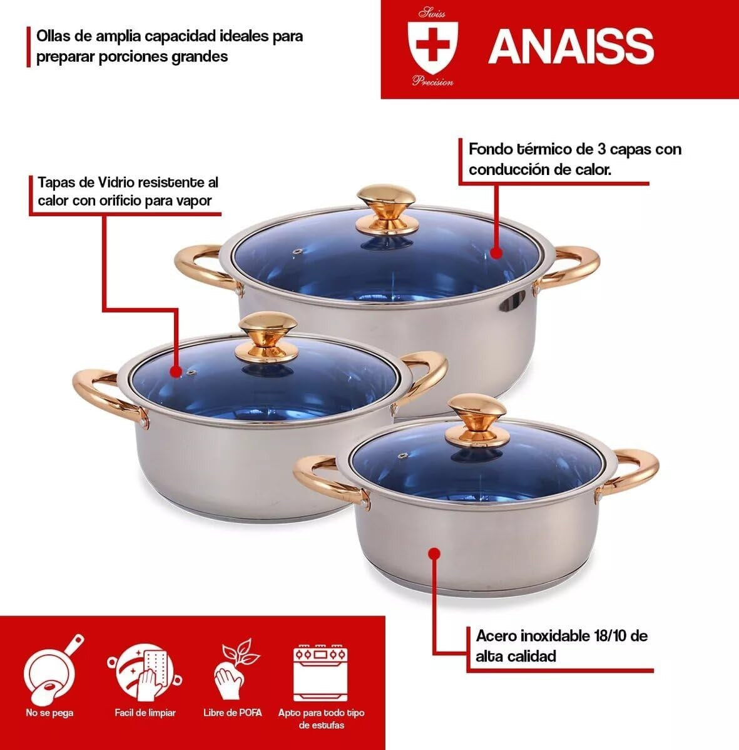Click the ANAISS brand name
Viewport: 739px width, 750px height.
click(571, 46)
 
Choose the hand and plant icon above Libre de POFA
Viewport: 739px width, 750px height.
click(234, 668)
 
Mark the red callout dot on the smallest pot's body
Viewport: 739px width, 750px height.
click(436, 553)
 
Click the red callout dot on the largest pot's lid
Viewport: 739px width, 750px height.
click(496, 252)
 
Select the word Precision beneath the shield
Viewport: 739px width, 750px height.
click(433, 81)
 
